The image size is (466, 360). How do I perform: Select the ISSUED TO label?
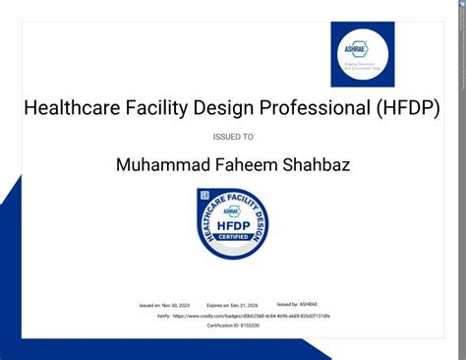[x=233, y=137]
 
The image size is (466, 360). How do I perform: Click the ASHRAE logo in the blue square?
[x=362, y=54]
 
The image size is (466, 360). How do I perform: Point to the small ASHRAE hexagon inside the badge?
[x=232, y=210]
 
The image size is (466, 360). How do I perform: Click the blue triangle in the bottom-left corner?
[x=15, y=295]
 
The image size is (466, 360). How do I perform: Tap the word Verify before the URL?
[x=163, y=316]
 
